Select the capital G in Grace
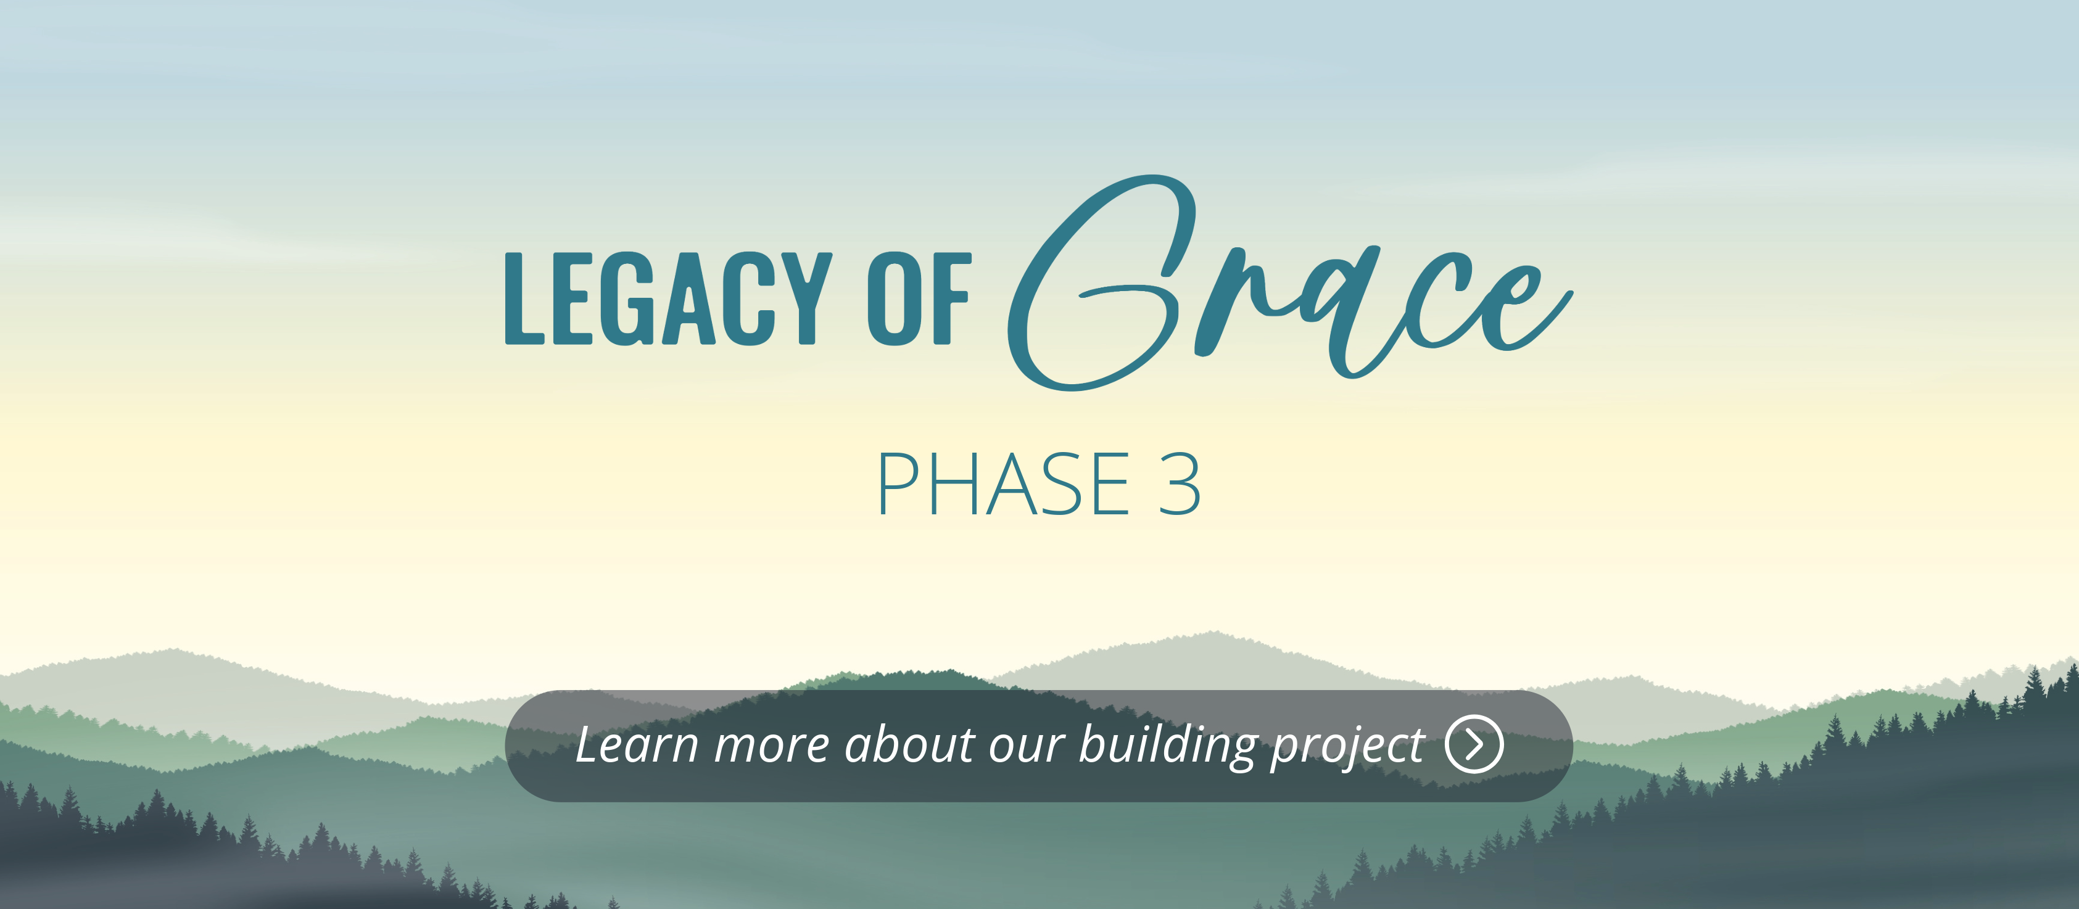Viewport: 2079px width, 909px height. click(1102, 282)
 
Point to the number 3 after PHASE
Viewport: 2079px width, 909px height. click(1180, 484)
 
